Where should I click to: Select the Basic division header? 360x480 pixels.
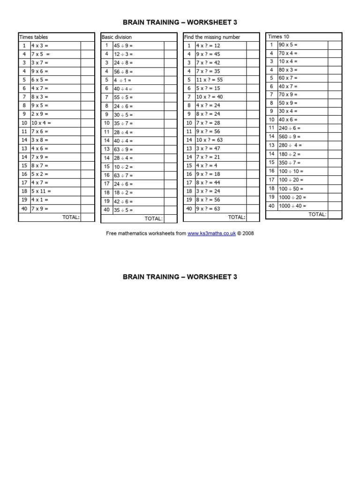click(x=117, y=37)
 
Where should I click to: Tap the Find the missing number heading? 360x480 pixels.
click(x=212, y=37)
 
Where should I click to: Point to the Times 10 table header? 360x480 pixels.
click(x=275, y=36)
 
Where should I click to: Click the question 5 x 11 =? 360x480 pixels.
click(x=41, y=191)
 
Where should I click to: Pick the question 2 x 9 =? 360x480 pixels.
click(x=40, y=114)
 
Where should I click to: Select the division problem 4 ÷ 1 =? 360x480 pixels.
click(x=123, y=80)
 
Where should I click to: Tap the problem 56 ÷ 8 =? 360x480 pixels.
click(x=123, y=72)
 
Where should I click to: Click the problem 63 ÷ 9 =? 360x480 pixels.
click(x=123, y=149)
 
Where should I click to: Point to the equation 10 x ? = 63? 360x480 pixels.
click(x=209, y=140)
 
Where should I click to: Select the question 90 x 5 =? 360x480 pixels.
click(x=288, y=45)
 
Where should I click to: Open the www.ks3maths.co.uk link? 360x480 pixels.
click(x=211, y=233)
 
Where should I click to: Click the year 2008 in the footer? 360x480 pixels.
click(x=248, y=233)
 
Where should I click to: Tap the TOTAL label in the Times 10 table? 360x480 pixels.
click(x=317, y=214)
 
